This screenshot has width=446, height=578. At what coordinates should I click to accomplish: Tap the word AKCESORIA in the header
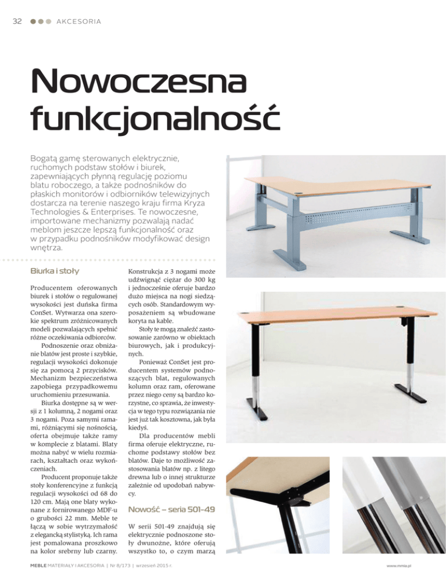pyautogui.click(x=79, y=22)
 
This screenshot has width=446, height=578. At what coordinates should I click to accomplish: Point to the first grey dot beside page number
pyautogui.click(x=34, y=22)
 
